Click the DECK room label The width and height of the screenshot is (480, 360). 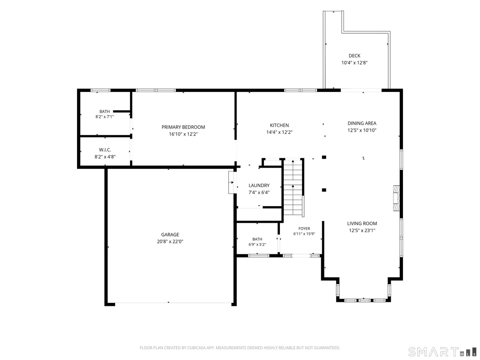[x=354, y=56]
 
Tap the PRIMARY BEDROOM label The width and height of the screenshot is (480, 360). [x=183, y=127]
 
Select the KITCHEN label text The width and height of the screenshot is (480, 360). [x=279, y=125]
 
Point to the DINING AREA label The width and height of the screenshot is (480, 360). [x=362, y=123]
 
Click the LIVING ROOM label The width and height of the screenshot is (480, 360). [x=362, y=224]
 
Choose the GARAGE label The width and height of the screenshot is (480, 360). [x=170, y=234]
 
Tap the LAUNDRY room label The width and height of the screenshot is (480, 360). [x=259, y=185]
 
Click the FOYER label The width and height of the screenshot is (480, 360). [x=304, y=228]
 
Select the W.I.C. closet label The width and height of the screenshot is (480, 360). [x=105, y=150]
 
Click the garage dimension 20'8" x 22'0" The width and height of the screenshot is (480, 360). [x=170, y=242]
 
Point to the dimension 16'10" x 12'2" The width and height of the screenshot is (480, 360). [x=183, y=134]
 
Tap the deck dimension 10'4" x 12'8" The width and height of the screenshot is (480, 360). [x=354, y=63]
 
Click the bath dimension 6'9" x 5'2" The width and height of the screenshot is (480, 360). [x=257, y=245]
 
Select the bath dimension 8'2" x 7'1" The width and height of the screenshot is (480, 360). [x=104, y=117]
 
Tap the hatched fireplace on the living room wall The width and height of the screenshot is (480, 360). [x=396, y=198]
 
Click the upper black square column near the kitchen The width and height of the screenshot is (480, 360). [x=324, y=157]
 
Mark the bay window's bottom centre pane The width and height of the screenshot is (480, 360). [x=364, y=300]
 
